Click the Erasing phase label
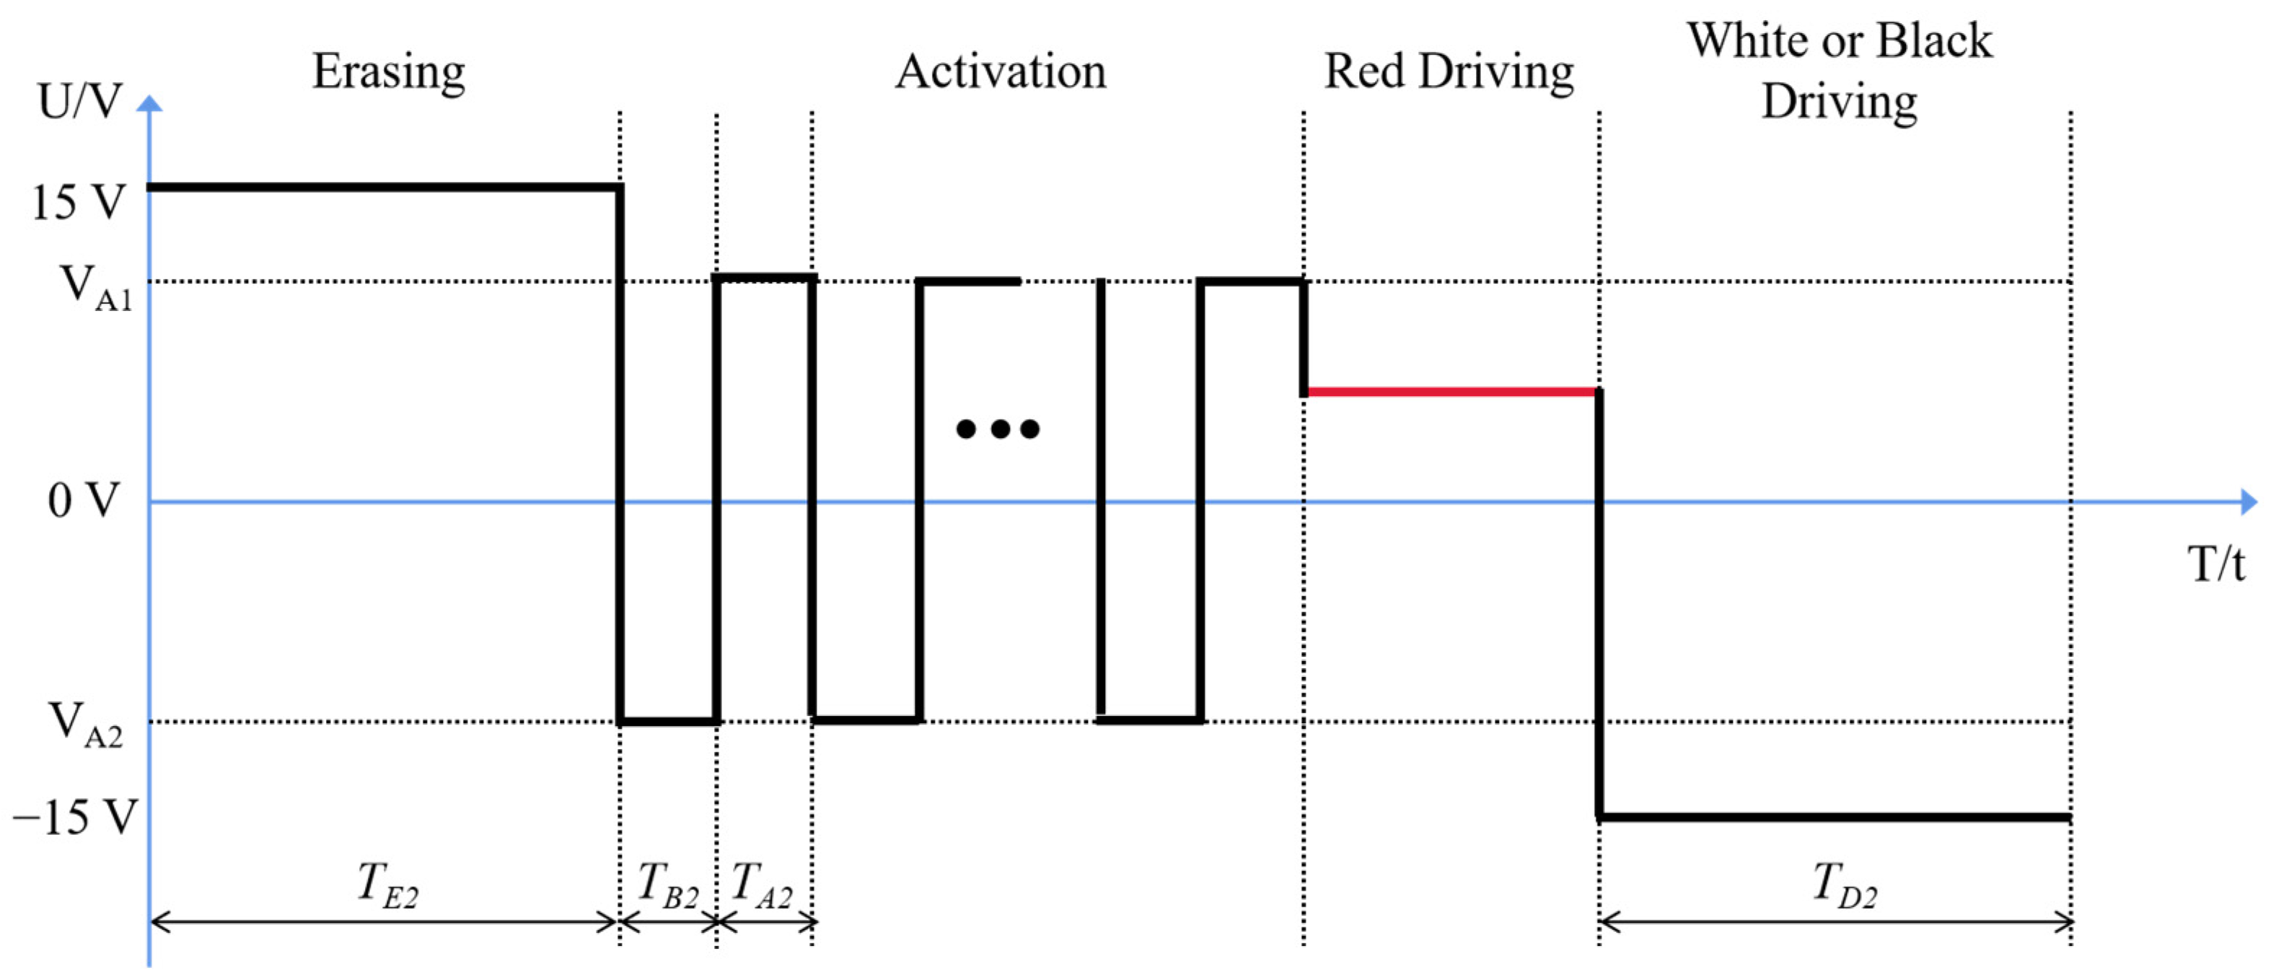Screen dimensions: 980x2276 tap(389, 71)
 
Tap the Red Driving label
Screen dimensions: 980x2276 tap(1449, 71)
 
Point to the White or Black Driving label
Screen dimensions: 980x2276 tap(1840, 71)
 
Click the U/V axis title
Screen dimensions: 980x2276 tap(79, 102)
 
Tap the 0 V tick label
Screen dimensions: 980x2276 tap(83, 501)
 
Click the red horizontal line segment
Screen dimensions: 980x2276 tap(1451, 391)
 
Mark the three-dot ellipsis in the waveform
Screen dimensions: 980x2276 tap(998, 429)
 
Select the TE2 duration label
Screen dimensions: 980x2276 tap(387, 885)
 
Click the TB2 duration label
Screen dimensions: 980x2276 tap(668, 885)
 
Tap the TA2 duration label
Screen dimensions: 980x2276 tap(763, 885)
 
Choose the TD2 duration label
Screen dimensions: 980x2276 tap(1845, 885)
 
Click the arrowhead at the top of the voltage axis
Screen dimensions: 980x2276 tap(150, 104)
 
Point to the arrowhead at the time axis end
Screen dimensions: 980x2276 tap(2249, 502)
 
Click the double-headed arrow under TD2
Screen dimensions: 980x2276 tap(1836, 922)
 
